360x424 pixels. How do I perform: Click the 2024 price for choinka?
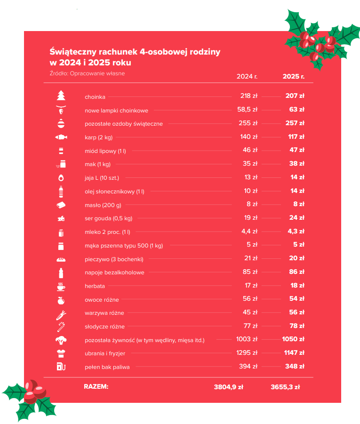[x=248, y=96]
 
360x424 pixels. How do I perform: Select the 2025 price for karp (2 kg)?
[x=296, y=137]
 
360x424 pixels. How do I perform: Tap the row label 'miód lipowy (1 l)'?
[x=105, y=151]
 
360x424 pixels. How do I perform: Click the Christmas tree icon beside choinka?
[x=61, y=96]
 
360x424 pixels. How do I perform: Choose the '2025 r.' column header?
[x=294, y=76]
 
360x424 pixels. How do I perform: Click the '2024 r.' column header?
[x=247, y=76]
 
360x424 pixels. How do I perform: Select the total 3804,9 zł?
[x=228, y=387]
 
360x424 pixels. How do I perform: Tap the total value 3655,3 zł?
[x=285, y=387]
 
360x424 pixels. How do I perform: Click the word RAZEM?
[x=96, y=387]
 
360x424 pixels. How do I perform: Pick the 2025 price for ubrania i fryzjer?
[x=295, y=353]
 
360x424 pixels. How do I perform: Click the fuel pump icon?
[x=61, y=366]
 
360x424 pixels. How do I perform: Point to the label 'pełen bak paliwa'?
[x=107, y=367]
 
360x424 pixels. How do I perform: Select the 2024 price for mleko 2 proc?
[x=249, y=232]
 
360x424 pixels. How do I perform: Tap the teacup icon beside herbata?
[x=61, y=286]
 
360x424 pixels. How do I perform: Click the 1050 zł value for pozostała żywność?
[x=294, y=339]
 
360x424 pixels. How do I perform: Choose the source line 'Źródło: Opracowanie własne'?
[x=87, y=73]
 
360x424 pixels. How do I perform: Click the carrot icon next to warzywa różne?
[x=61, y=312]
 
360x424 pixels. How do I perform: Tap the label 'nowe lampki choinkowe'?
[x=116, y=111]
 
